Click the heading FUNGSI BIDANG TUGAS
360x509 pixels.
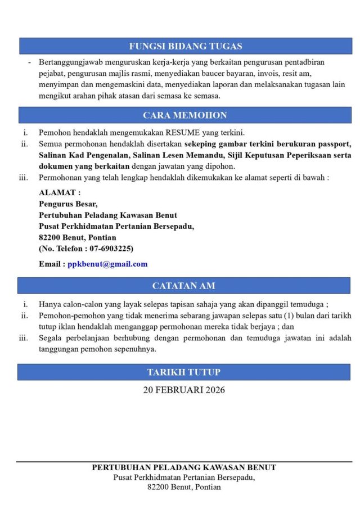pos(185,46)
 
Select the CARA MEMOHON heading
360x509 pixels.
pos(185,115)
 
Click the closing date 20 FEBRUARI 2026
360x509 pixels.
pos(183,389)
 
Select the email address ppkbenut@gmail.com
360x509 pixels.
pos(107,264)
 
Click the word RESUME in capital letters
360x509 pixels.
pos(182,133)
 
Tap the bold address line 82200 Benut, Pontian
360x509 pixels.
pos(78,237)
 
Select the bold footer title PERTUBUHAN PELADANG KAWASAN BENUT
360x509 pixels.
pos(184,467)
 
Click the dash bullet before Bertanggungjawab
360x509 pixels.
pos(29,62)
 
